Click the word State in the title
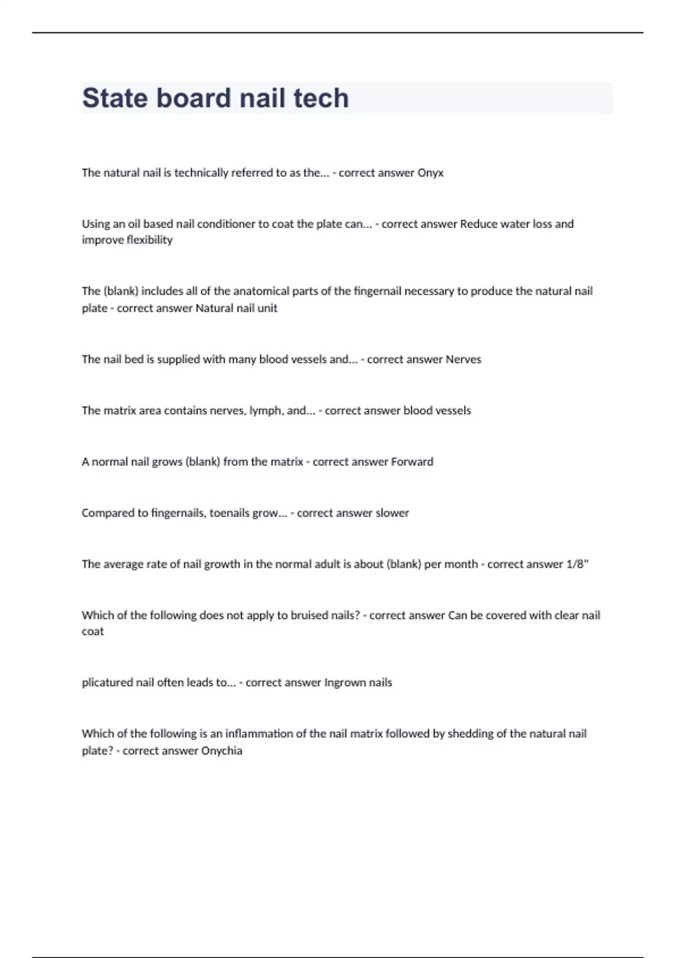(115, 98)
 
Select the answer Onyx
(430, 173)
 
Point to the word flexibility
(150, 240)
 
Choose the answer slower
(392, 513)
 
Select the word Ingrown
(344, 682)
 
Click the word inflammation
(258, 734)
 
